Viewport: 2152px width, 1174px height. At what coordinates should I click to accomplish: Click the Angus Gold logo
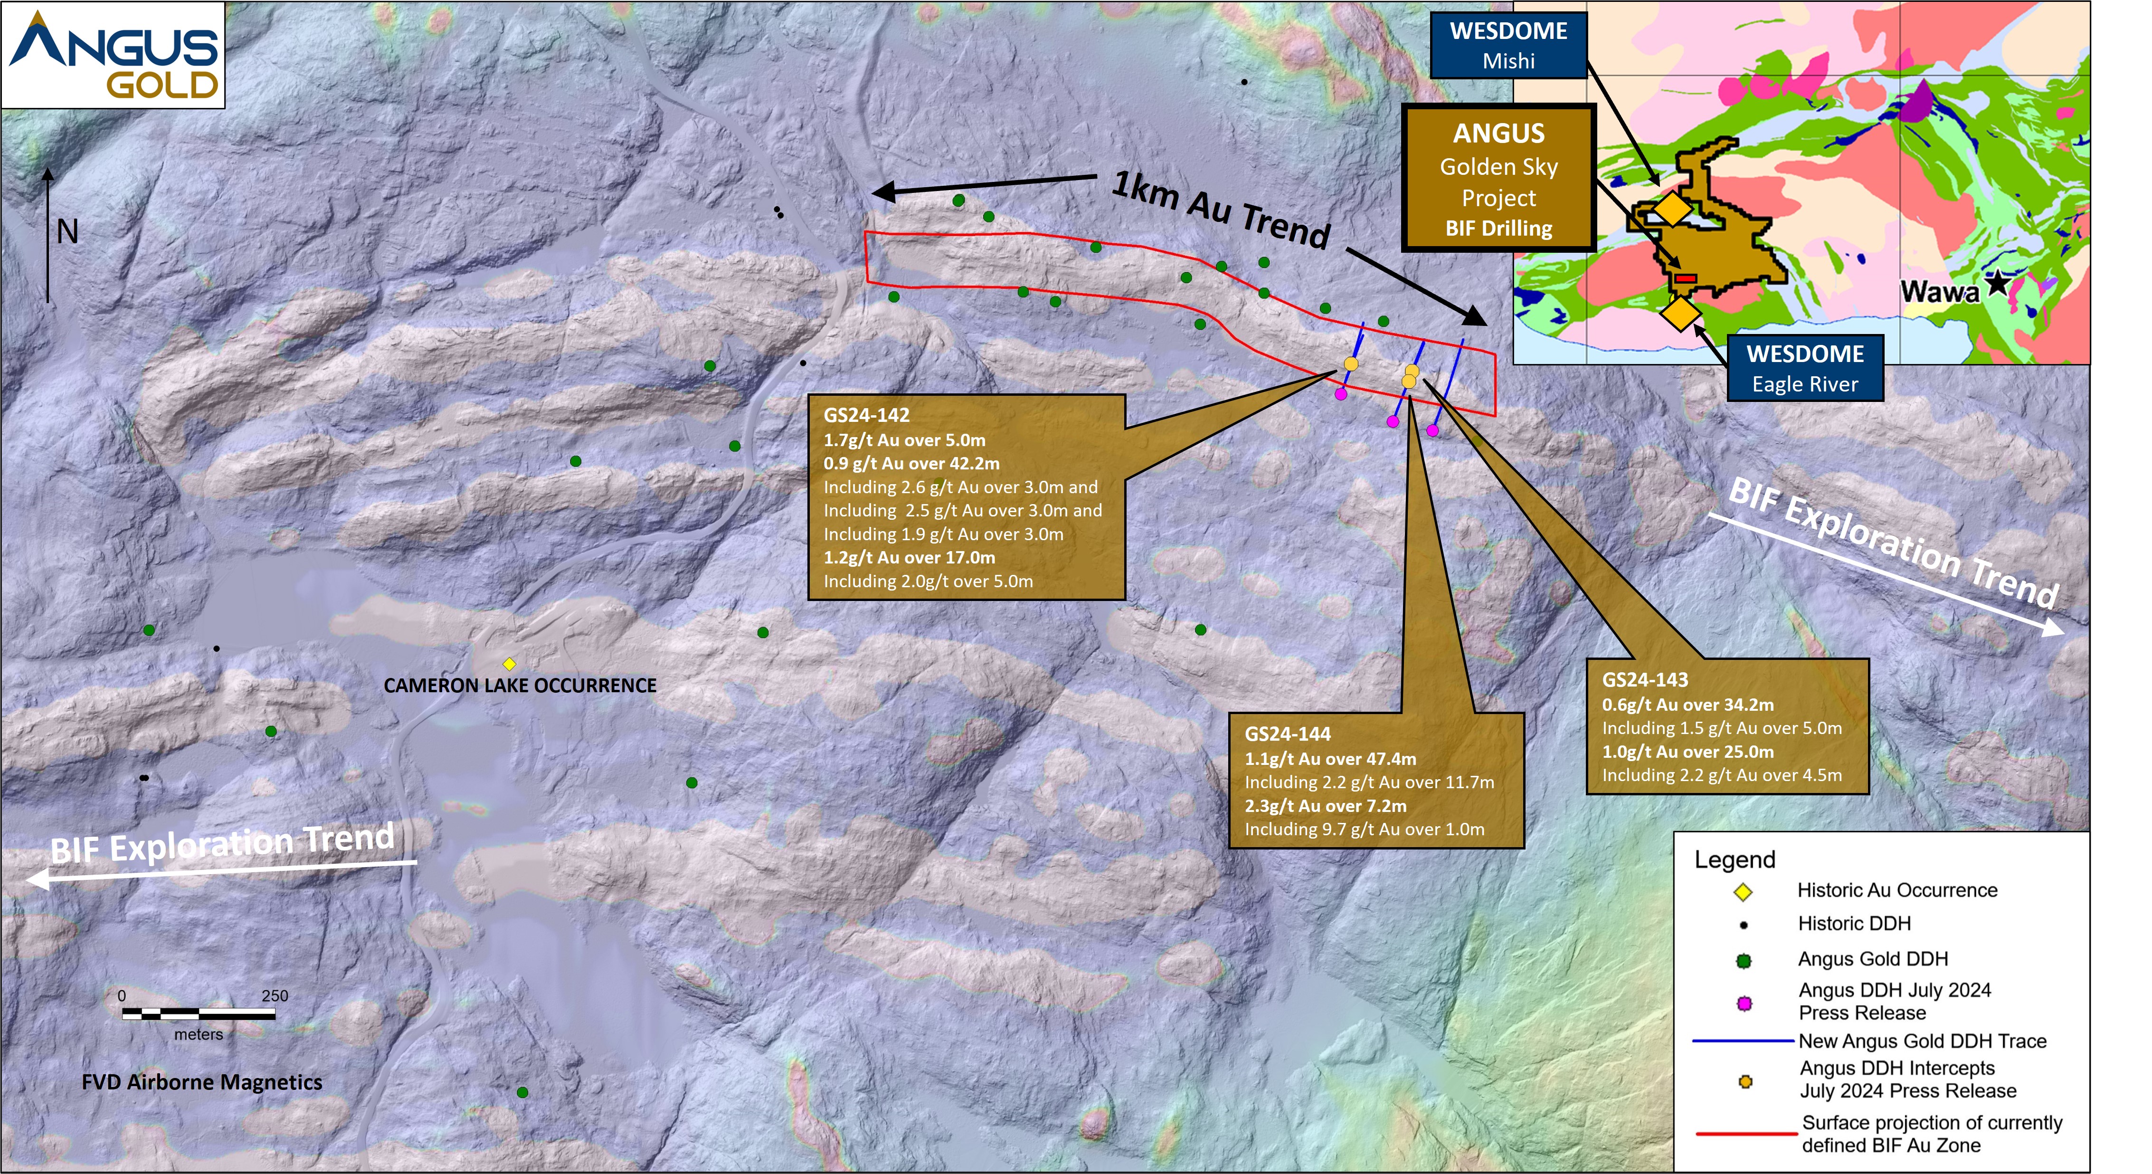point(113,55)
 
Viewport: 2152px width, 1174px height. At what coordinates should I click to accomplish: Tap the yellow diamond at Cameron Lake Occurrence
point(509,663)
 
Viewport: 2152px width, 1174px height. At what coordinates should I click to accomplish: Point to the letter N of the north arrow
point(67,231)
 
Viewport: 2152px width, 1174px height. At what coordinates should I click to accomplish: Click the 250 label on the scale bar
point(275,996)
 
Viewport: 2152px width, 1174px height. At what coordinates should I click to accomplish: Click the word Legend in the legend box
point(1735,860)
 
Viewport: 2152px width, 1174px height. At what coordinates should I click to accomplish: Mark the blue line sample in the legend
point(1744,1041)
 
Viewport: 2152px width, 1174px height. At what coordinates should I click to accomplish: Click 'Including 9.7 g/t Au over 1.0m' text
point(1364,830)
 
